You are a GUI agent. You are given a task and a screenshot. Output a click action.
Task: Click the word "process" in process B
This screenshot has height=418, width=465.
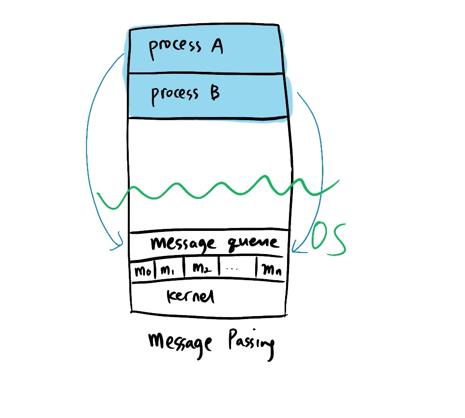point(175,94)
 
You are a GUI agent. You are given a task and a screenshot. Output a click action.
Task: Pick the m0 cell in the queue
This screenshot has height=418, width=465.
point(142,270)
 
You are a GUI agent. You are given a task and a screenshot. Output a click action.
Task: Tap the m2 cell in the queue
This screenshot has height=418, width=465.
point(201,269)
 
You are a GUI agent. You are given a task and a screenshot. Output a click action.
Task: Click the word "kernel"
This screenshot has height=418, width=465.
point(191,296)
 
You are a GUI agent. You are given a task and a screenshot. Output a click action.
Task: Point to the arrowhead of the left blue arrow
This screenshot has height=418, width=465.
point(119,245)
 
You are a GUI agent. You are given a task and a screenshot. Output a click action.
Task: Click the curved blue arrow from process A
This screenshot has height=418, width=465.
point(88,148)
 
